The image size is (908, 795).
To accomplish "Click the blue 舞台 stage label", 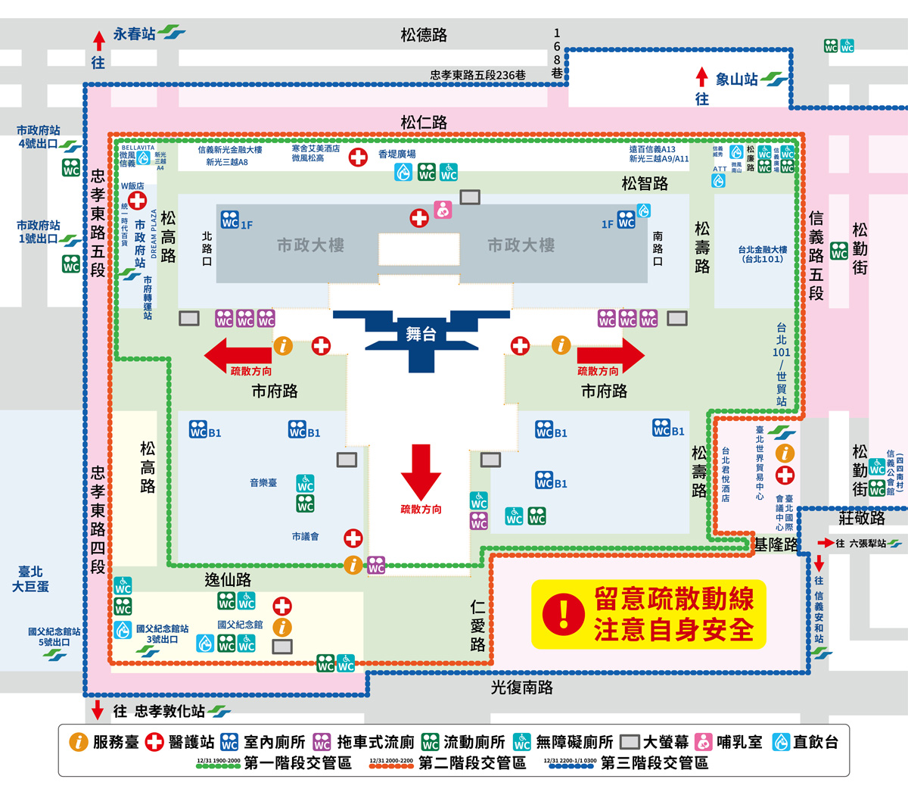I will click(x=421, y=334).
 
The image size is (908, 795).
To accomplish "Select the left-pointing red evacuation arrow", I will click(x=236, y=354).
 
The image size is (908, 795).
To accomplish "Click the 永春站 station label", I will click(x=134, y=34).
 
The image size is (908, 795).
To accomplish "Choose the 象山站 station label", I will click(x=736, y=79).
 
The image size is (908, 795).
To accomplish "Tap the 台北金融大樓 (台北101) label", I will click(x=763, y=254).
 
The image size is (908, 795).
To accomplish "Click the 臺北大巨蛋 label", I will click(x=30, y=579).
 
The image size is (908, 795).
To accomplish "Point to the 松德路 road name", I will click(x=424, y=35).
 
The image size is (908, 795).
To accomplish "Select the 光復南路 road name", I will click(x=522, y=687).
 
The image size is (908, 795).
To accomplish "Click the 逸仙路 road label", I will click(x=228, y=580).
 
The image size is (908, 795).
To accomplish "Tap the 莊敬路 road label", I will click(x=862, y=518).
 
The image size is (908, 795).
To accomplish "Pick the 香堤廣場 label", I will click(x=397, y=154).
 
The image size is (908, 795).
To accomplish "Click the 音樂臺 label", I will click(x=263, y=482).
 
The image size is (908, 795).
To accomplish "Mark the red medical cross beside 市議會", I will click(x=353, y=538).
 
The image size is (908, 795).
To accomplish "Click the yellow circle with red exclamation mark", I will click(x=564, y=613).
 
